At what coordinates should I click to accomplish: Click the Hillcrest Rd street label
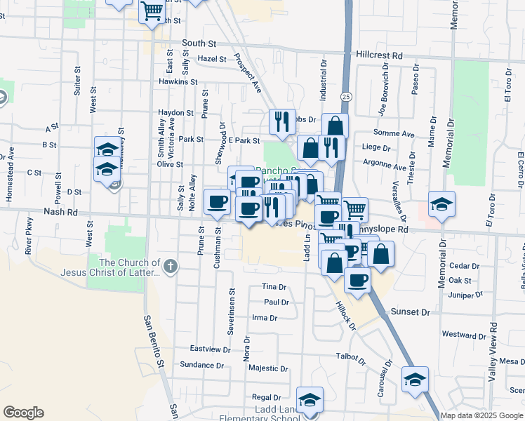coord(379,54)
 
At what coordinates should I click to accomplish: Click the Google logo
coord(23,413)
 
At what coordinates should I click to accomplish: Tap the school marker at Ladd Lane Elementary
coord(310,400)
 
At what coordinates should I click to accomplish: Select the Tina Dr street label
coord(274,287)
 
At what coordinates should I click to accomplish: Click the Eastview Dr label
coord(211,349)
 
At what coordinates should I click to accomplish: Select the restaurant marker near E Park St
coord(281,121)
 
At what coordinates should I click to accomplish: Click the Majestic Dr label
coord(269,368)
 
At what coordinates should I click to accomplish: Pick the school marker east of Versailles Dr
coord(441,204)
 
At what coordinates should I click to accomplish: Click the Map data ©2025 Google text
coord(482,415)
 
